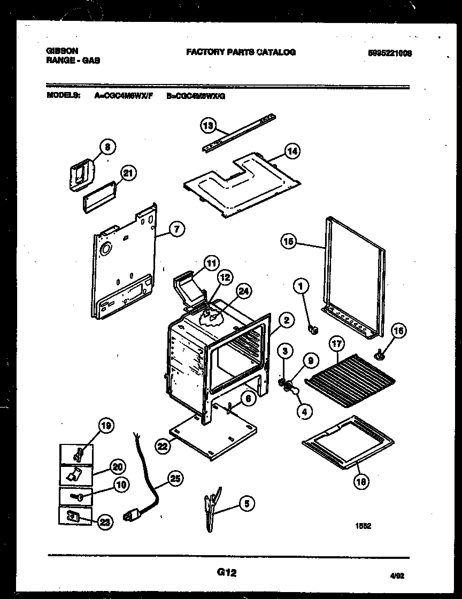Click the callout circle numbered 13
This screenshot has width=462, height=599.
click(208, 126)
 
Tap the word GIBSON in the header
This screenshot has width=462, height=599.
click(63, 51)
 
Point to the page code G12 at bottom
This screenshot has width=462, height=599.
click(227, 573)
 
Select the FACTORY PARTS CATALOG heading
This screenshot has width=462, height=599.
click(241, 52)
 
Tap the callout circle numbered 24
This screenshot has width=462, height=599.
click(243, 291)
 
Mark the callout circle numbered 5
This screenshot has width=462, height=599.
click(247, 503)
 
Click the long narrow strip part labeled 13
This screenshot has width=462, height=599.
click(241, 132)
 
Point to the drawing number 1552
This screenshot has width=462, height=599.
click(364, 526)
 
